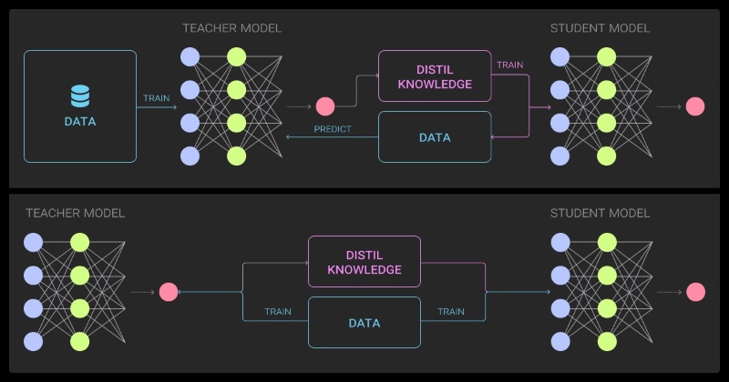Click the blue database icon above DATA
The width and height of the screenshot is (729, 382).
click(x=80, y=96)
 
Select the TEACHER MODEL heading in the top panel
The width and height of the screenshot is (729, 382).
click(x=232, y=28)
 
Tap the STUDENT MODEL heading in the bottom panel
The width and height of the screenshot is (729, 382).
click(x=600, y=213)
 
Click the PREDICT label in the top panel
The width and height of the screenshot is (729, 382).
click(x=333, y=129)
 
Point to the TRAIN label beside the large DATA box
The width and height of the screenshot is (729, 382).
click(x=156, y=98)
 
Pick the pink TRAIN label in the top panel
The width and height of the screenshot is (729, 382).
click(x=510, y=65)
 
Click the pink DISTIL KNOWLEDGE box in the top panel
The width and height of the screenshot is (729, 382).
click(x=435, y=76)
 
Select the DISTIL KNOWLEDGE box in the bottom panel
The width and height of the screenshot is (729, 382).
click(x=364, y=262)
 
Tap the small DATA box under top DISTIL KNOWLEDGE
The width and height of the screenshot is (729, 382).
click(x=435, y=137)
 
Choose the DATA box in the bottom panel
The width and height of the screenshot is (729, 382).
click(x=364, y=323)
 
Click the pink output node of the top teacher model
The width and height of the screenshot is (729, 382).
click(x=325, y=106)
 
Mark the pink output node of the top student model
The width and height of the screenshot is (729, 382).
click(x=695, y=106)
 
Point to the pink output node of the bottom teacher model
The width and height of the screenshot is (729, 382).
click(x=169, y=292)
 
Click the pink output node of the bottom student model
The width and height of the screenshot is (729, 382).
click(x=695, y=292)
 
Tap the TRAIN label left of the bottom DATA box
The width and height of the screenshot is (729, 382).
click(x=278, y=311)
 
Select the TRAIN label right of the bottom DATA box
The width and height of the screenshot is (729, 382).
click(x=451, y=311)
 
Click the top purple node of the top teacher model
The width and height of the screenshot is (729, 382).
click(x=190, y=57)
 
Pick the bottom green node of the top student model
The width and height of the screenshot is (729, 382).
click(x=606, y=156)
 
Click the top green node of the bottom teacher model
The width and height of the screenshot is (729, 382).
click(x=80, y=243)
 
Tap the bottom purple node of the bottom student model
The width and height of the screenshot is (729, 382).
click(x=560, y=342)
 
